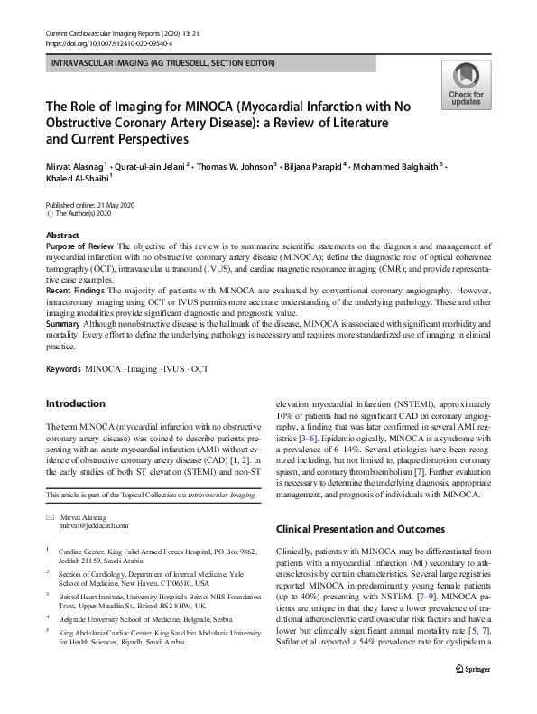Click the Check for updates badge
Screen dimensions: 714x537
pos(467,87)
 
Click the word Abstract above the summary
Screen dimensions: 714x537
pos(62,235)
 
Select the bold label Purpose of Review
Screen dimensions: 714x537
pos(75,246)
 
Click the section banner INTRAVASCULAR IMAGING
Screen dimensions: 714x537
pos(163,63)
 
